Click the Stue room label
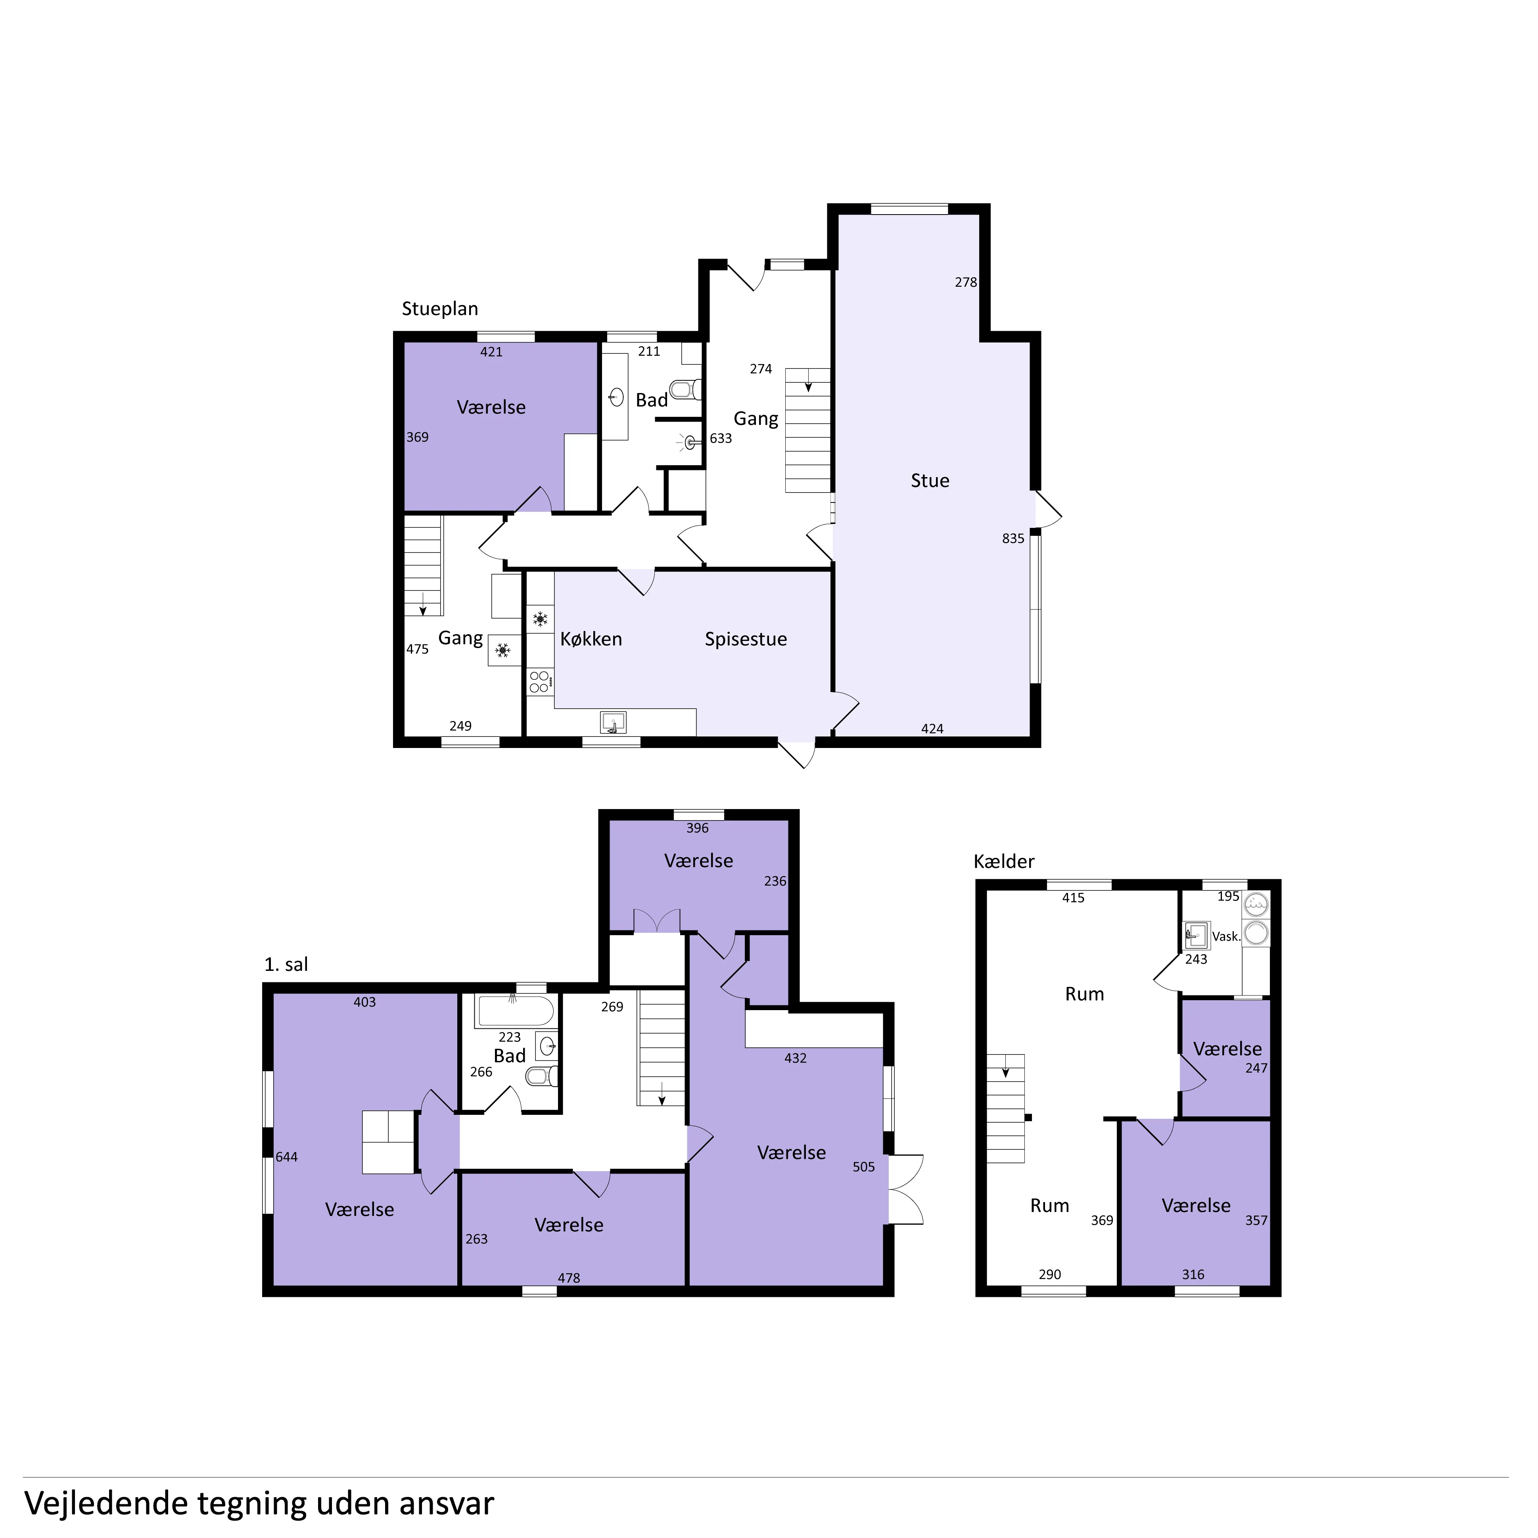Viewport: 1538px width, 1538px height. [x=930, y=481]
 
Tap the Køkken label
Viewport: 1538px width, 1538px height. [x=591, y=639]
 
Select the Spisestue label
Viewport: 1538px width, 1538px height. [x=746, y=639]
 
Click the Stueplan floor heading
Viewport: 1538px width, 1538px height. [x=439, y=309]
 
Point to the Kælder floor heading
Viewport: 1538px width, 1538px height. [x=1004, y=861]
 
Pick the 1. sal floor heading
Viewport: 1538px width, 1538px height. [x=286, y=965]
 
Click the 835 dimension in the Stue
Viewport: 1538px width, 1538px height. [x=1013, y=539]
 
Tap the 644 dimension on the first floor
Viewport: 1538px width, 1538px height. [x=287, y=1158]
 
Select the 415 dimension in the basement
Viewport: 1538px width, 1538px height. [x=1073, y=898]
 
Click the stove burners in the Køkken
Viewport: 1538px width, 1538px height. [x=539, y=681]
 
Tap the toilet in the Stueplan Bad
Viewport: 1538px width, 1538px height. [x=685, y=389]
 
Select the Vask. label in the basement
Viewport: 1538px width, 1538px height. [x=1226, y=937]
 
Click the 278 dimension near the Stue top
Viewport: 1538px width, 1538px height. [x=966, y=283]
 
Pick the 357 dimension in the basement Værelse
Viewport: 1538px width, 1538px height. [x=1256, y=1220]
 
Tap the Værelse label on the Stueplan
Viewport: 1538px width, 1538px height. [x=491, y=408]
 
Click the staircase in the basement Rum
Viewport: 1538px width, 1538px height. [x=1006, y=1109]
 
